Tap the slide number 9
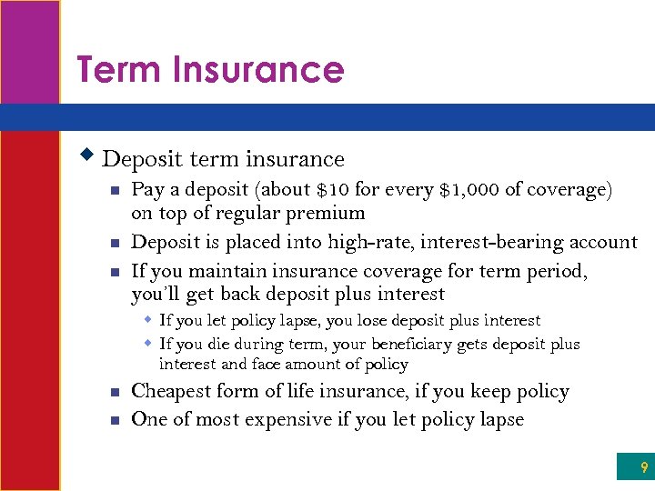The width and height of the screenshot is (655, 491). tap(644, 468)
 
